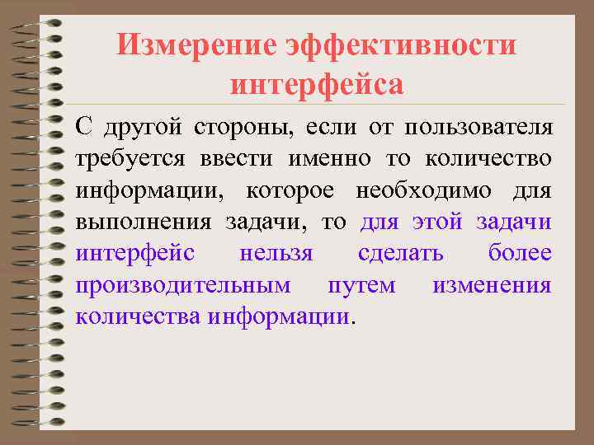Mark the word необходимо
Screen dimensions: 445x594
click(423, 190)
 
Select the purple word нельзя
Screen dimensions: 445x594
click(276, 254)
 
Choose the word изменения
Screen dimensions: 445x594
click(492, 285)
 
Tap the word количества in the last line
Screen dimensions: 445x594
click(137, 316)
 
